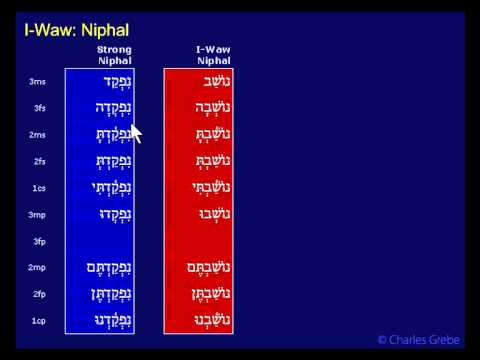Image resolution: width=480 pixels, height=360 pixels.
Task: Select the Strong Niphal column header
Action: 114,55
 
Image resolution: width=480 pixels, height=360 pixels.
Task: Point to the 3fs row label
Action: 39,108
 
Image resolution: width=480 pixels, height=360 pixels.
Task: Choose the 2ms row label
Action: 38,135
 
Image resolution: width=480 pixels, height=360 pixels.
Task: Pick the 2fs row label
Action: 39,161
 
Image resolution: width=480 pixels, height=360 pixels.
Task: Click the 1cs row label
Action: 39,188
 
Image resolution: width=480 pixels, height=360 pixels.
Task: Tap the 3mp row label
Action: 38,215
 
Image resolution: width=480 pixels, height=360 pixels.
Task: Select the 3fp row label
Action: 39,241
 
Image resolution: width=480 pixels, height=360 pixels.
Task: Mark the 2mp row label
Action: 38,268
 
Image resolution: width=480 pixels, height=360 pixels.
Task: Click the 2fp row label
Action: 39,294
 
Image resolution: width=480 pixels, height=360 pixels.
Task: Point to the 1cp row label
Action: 39,321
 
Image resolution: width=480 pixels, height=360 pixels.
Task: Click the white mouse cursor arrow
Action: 136,133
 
